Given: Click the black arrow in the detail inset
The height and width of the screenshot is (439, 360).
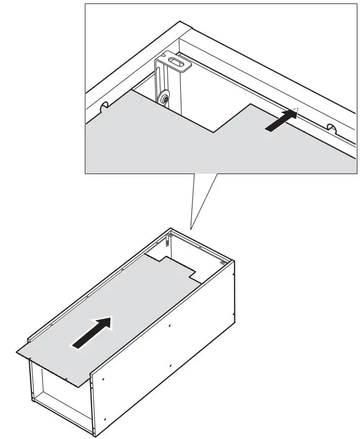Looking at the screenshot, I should (x=281, y=121).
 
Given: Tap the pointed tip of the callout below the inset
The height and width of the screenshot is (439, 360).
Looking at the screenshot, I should (x=191, y=228).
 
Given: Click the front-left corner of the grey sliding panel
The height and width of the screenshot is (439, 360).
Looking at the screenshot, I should (x=19, y=353).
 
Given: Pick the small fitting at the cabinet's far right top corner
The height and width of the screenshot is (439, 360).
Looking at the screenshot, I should (x=223, y=262).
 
